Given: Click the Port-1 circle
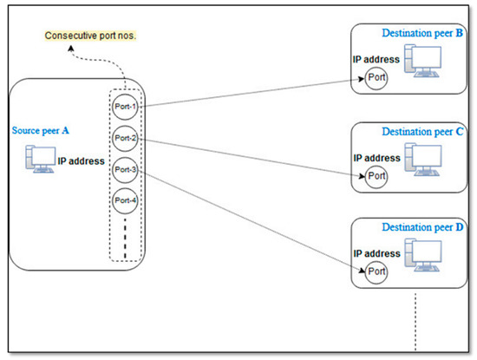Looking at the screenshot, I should coord(125,106).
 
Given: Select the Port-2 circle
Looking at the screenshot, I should coord(125,138).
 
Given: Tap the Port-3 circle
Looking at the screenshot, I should coord(125,170).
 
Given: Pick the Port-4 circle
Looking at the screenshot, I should coord(125,202).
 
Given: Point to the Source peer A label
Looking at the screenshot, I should coord(40,130).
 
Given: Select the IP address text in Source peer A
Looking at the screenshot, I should coord(81,161).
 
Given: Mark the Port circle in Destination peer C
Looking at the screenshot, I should coord(376,176).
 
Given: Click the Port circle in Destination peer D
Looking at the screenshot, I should coord(376,272).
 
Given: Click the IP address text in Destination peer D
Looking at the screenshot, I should coord(376,253).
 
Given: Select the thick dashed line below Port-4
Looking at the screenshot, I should coord(125,239).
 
